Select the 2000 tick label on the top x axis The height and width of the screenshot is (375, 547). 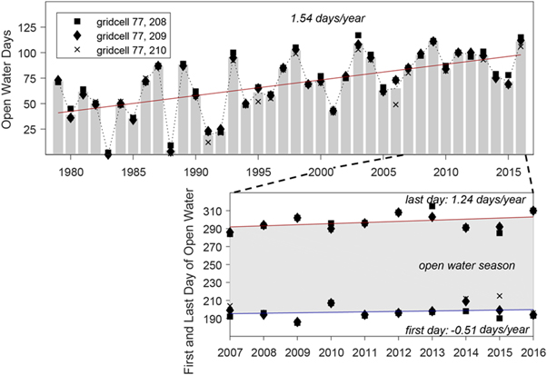(x=320, y=172)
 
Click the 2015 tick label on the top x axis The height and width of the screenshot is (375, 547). (x=508, y=172)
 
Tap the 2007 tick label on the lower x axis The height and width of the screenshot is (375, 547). (x=231, y=349)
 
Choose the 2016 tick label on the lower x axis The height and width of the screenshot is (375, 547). (x=532, y=349)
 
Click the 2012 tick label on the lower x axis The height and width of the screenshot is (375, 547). (x=398, y=349)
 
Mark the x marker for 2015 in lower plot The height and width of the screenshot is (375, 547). (x=499, y=296)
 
